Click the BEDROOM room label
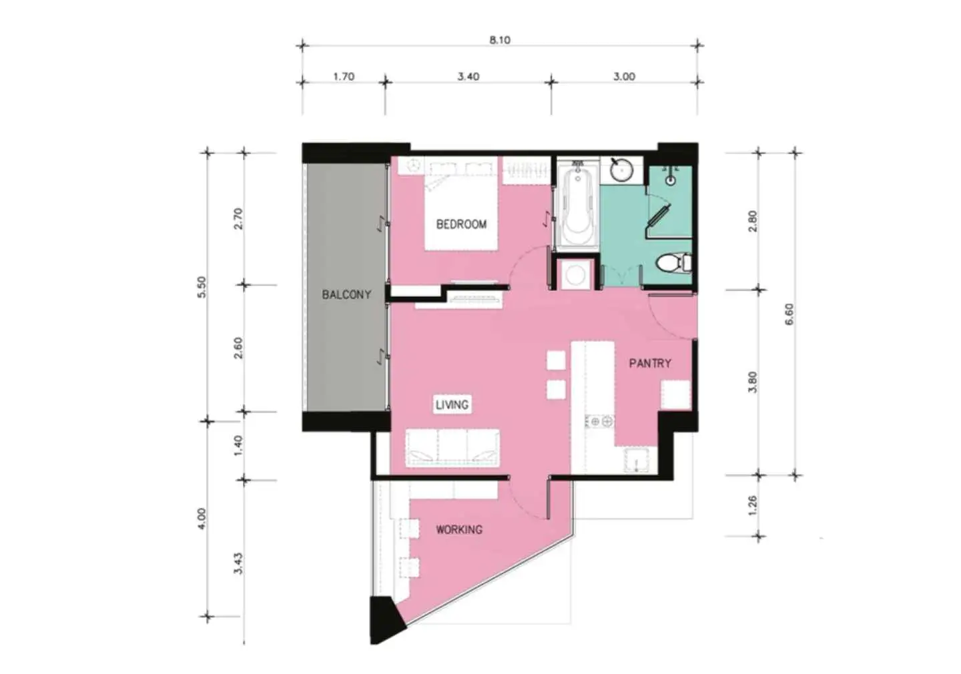(x=461, y=224)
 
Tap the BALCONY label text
(x=346, y=294)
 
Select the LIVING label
(x=452, y=404)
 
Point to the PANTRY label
(x=650, y=364)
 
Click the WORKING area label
(x=459, y=529)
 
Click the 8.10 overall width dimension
(x=500, y=40)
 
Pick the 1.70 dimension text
(x=344, y=76)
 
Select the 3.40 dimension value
(x=468, y=76)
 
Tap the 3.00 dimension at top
(x=624, y=76)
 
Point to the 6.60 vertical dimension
(x=789, y=314)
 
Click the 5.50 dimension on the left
(x=202, y=287)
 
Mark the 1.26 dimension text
(x=753, y=507)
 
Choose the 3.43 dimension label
(x=238, y=563)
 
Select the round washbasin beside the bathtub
(x=621, y=170)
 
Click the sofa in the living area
(x=452, y=448)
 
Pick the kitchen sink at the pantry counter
(x=636, y=460)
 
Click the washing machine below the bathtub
(x=575, y=274)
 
